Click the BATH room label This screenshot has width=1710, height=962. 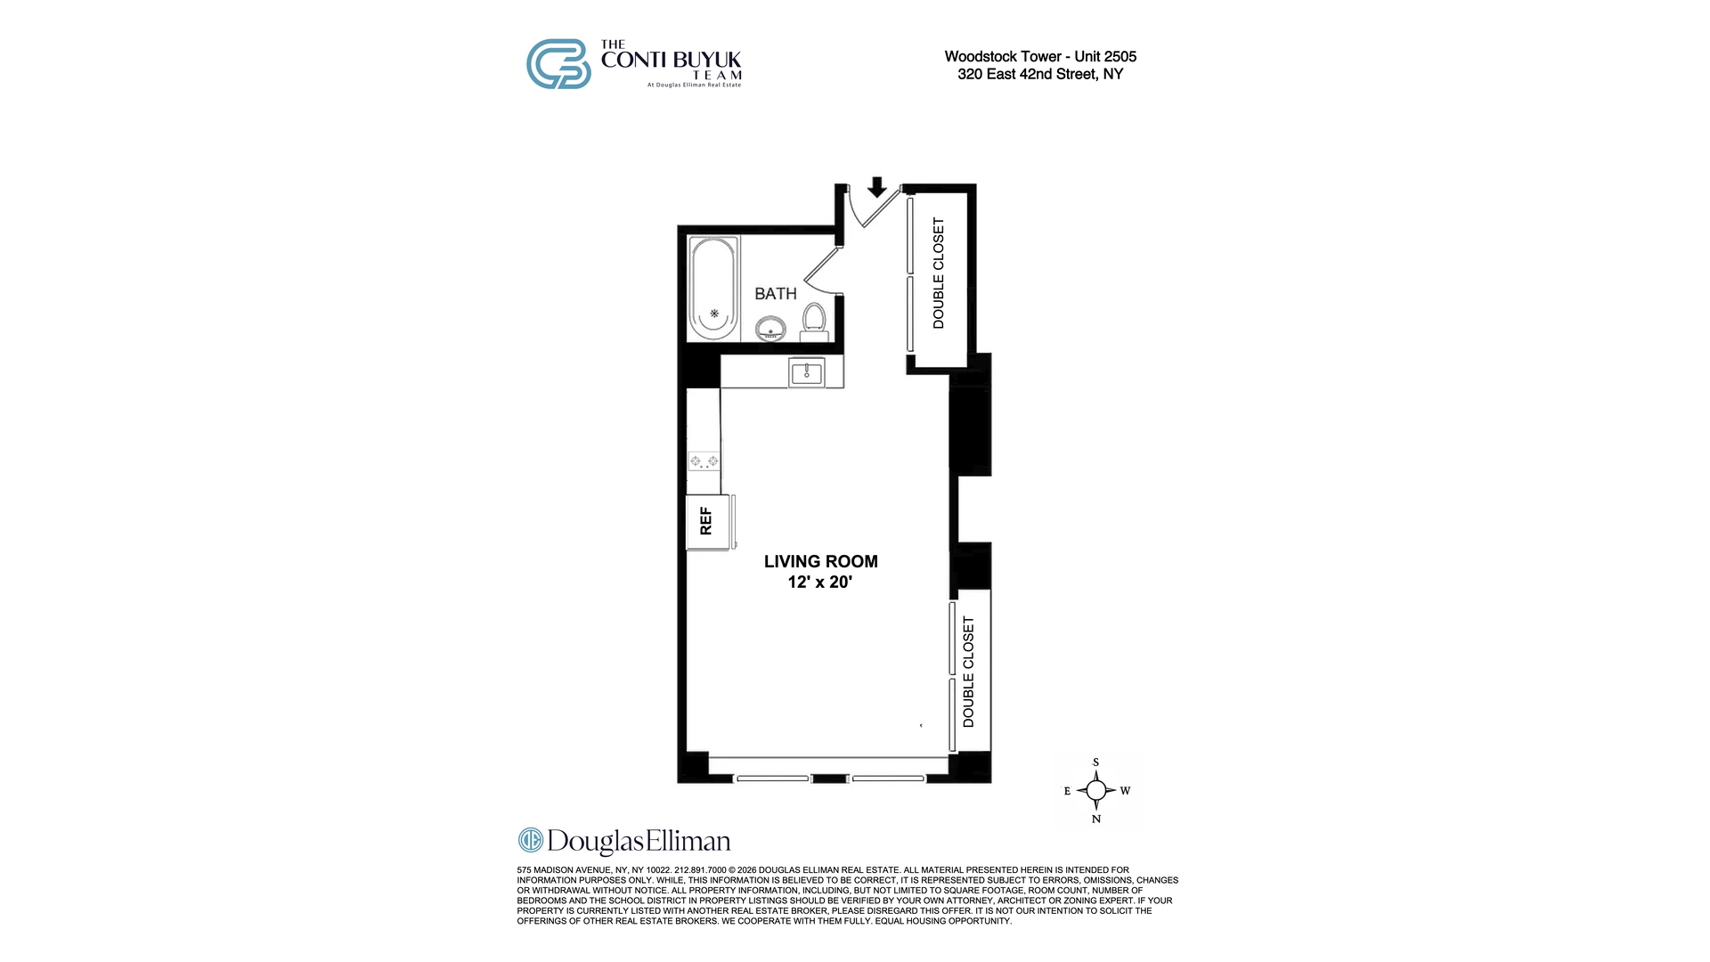(776, 294)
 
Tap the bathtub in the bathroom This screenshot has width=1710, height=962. (713, 288)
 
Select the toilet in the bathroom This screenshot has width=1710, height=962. (814, 322)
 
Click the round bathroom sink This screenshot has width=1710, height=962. (771, 330)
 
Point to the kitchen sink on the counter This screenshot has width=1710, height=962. (807, 371)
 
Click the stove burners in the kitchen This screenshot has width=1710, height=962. (704, 461)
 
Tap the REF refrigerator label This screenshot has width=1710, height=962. (706, 521)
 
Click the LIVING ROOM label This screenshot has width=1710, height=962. (821, 561)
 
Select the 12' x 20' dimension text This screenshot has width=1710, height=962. (820, 583)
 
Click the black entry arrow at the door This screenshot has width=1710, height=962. (877, 186)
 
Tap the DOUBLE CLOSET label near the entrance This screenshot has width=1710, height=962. (938, 273)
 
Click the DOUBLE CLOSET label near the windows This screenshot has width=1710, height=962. (969, 672)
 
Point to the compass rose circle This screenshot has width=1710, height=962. (1096, 790)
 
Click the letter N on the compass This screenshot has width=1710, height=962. (1096, 819)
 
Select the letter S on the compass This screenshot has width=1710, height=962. (1096, 762)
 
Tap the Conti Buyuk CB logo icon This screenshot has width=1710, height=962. (558, 64)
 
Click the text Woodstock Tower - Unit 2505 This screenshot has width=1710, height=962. (1040, 57)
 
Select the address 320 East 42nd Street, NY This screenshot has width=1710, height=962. (1040, 74)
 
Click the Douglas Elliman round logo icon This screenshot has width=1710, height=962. (531, 841)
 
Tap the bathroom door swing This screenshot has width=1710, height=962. (821, 270)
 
